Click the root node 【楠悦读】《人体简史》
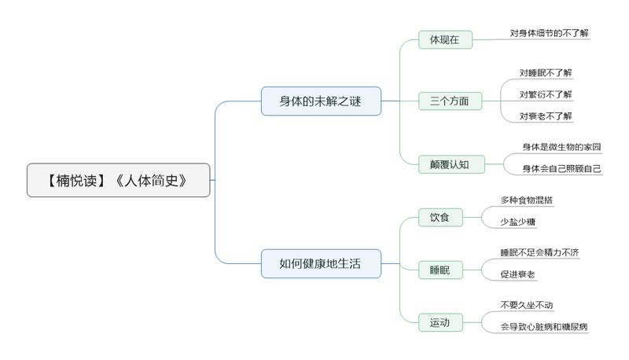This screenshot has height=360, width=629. [x=118, y=180]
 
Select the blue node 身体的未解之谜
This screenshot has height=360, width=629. [x=321, y=101]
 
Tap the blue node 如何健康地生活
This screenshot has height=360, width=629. [x=321, y=263]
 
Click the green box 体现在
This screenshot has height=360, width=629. [x=445, y=39]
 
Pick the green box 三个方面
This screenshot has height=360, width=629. [x=450, y=101]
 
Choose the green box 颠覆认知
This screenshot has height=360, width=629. [x=451, y=164]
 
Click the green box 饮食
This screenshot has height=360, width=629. [x=440, y=217]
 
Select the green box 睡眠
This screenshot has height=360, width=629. [x=440, y=270]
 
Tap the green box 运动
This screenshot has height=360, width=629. [x=440, y=322]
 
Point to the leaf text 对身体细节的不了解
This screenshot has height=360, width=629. [x=549, y=33]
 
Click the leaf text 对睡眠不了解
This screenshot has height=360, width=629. [x=546, y=73]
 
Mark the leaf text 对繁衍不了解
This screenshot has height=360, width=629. [x=546, y=94]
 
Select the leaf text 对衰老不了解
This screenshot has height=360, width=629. [x=546, y=116]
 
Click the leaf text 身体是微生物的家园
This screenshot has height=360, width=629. [x=561, y=147]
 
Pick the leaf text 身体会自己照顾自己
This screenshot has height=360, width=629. [x=561, y=168]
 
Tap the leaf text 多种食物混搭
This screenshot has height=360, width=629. [x=526, y=200]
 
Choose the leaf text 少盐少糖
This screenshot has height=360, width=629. [x=518, y=222]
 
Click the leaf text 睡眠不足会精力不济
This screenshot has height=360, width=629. [x=539, y=252]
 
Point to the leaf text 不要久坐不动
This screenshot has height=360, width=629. [x=526, y=305]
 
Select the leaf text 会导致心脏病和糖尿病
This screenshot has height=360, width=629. [x=543, y=326]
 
